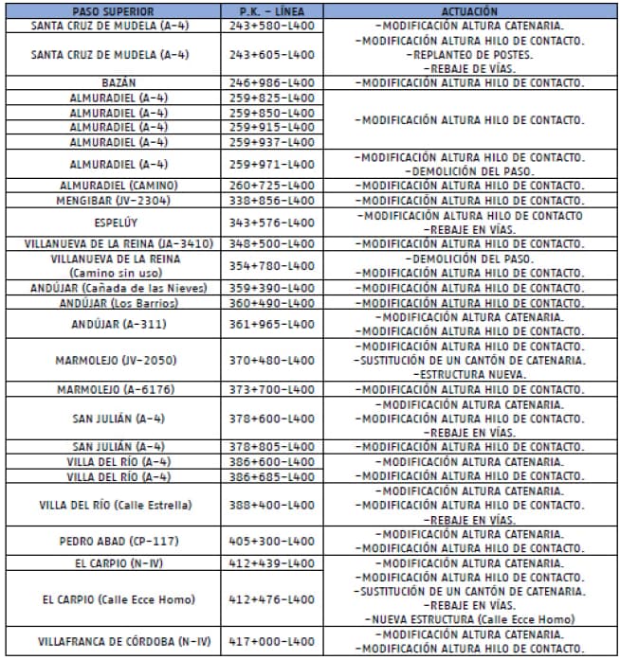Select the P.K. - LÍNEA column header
coord(271,10)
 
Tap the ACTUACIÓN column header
coord(469,10)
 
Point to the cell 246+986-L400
coord(271,83)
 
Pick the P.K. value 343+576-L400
coord(271,222)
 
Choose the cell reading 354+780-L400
coord(271,265)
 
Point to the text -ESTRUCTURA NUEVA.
coord(469,375)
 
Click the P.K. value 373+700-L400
coord(271,389)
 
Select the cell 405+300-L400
coord(271,542)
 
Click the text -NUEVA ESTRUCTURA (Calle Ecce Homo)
coord(469,619)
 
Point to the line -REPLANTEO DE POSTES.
coord(469,55)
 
